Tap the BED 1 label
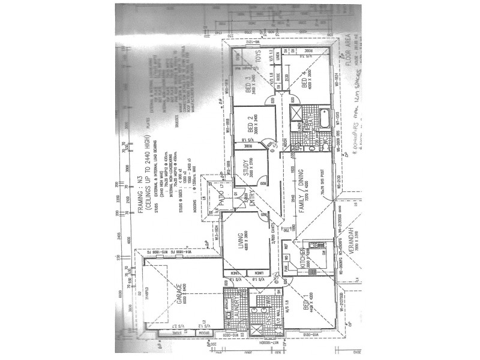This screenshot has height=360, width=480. (304, 300)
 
